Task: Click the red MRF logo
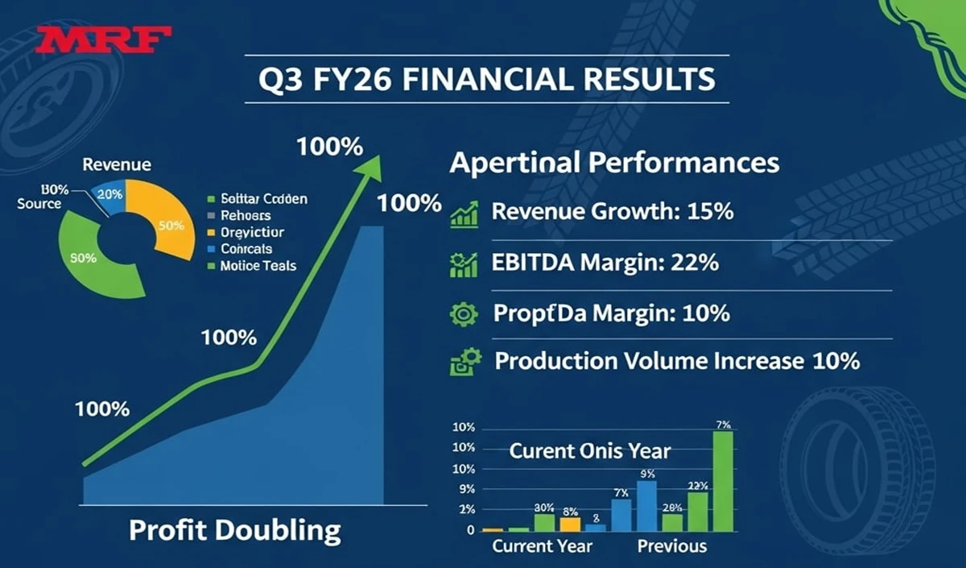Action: click(x=104, y=39)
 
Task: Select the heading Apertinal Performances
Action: click(x=613, y=163)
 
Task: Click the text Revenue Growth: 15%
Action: click(x=612, y=213)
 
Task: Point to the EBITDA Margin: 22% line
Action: click(x=605, y=263)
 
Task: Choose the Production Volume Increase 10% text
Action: click(x=677, y=360)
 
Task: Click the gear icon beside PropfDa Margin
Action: click(x=464, y=313)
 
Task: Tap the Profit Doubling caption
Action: click(x=235, y=530)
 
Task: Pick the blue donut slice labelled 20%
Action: click(x=110, y=195)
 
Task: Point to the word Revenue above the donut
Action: click(x=117, y=164)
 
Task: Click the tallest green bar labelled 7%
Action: click(x=723, y=480)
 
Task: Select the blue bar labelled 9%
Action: click(x=646, y=505)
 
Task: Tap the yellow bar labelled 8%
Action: click(x=570, y=524)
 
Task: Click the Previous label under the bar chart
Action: click(x=671, y=546)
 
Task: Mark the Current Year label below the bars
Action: click(x=542, y=546)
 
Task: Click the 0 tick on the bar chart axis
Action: click(x=470, y=530)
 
